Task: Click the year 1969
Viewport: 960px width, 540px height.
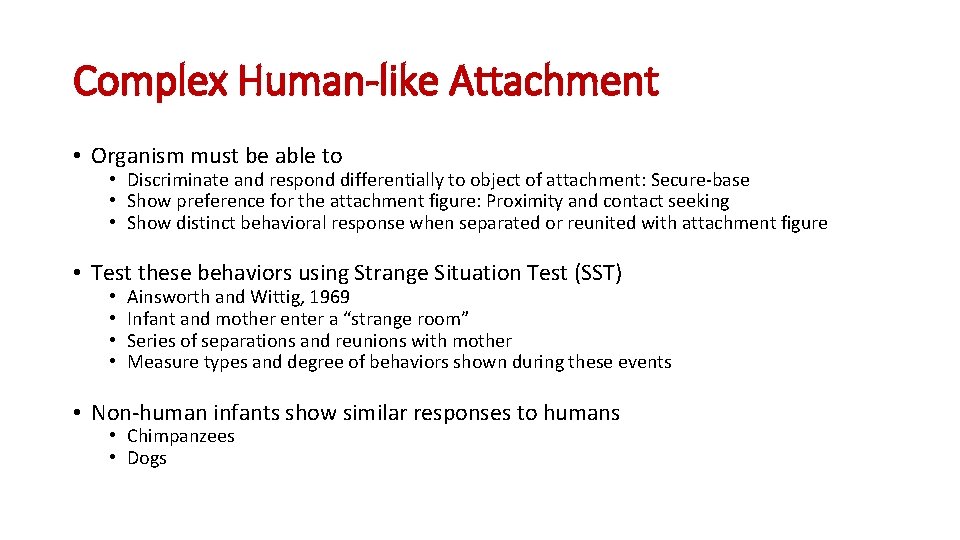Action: click(x=330, y=297)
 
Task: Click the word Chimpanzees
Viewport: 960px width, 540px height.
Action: click(x=181, y=436)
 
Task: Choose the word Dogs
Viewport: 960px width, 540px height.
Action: click(x=147, y=458)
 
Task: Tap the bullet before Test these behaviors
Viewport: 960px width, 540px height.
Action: click(x=76, y=273)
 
